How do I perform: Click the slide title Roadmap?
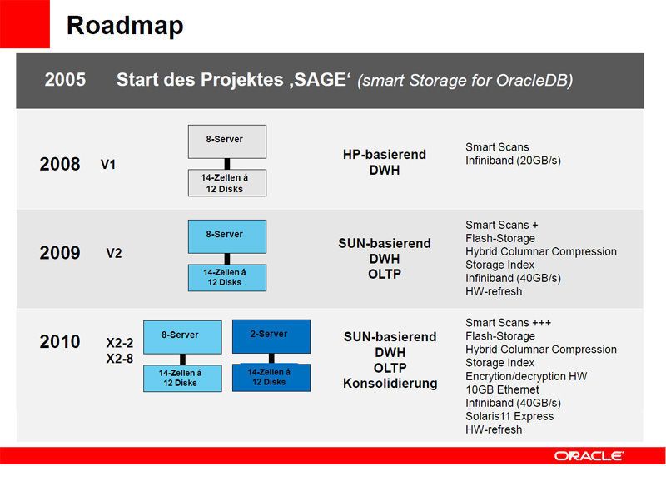pos(125,25)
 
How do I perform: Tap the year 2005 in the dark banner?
pos(65,80)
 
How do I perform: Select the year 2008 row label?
pos(60,165)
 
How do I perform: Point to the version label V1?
pos(108,165)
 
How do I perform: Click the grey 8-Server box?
pos(226,141)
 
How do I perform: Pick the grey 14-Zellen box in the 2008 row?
pos(226,183)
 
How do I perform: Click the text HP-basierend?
pos(384,155)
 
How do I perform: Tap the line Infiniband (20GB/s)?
pos(513,161)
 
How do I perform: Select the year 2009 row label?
pos(60,253)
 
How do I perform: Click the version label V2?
pos(114,253)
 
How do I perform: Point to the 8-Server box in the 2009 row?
pos(226,236)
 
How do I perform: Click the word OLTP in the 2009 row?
pos(384,274)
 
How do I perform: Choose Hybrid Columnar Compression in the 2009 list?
pos(541,251)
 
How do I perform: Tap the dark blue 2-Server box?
pos(271,335)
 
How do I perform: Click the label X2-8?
pos(119,359)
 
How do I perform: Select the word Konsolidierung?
pos(390,384)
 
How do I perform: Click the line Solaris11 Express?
pos(509,416)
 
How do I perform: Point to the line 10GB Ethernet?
pos(502,389)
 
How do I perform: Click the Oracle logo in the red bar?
pos(589,455)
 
